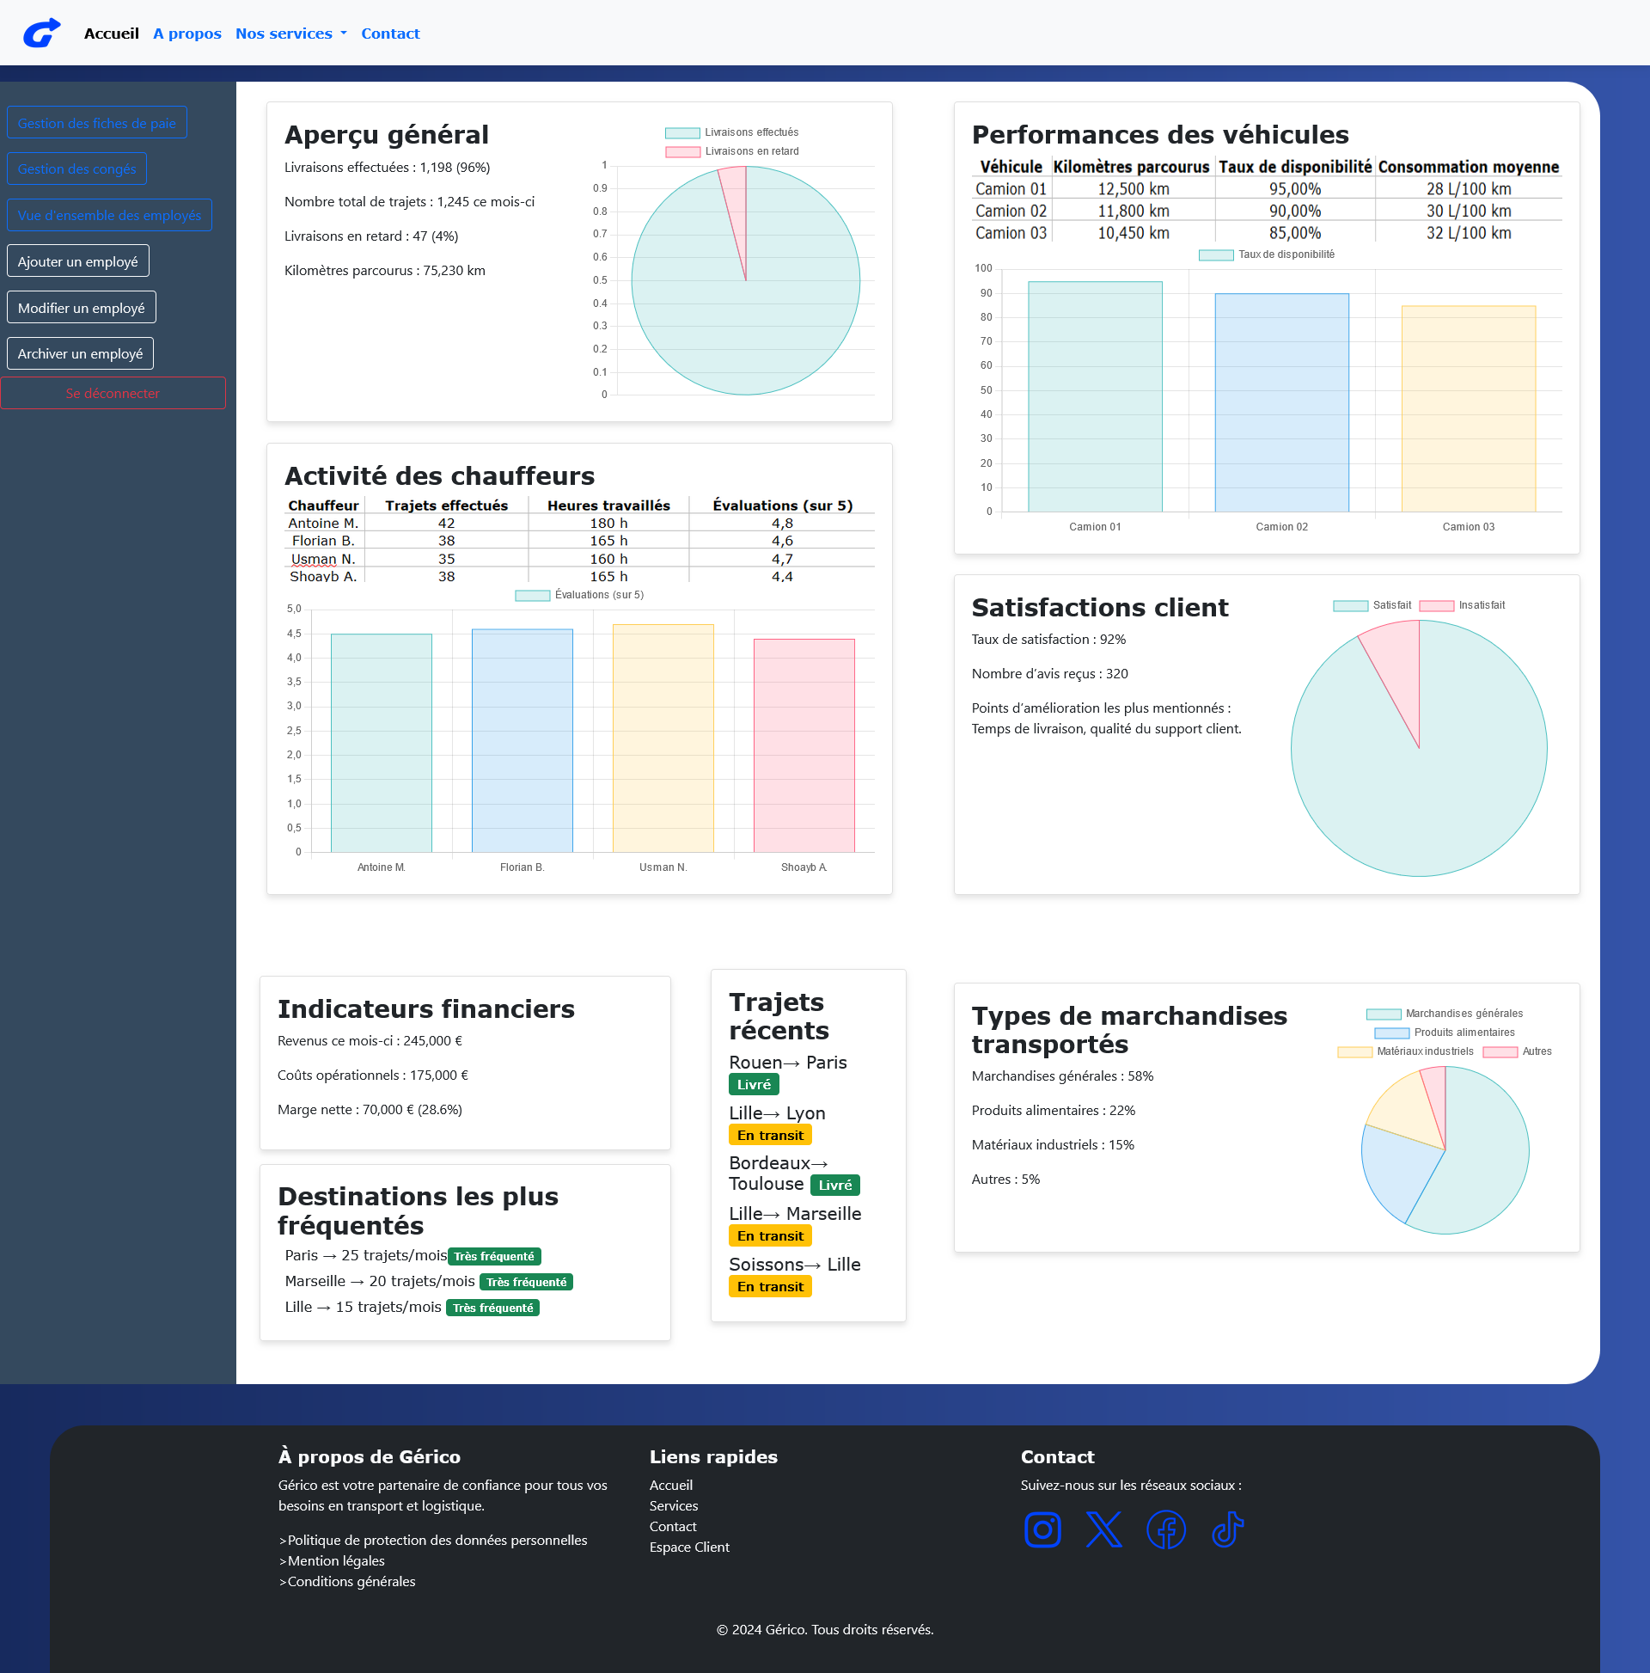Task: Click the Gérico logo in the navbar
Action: point(41,33)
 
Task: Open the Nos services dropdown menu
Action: point(290,34)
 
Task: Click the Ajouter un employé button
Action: point(78,261)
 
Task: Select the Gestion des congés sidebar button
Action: point(77,169)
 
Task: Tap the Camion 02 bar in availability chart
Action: point(1281,402)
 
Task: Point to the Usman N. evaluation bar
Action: point(663,738)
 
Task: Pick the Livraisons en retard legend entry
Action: point(732,151)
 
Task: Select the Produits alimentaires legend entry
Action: point(1444,1033)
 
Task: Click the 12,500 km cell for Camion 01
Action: point(1134,189)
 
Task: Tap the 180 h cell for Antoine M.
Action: point(608,523)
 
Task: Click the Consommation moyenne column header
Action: point(1468,166)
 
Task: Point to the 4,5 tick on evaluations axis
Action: point(294,634)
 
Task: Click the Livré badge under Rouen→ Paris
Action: point(754,1084)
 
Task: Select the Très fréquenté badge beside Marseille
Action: point(526,1282)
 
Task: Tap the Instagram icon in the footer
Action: point(1042,1530)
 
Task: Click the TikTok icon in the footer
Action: point(1227,1530)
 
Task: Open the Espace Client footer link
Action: point(689,1547)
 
